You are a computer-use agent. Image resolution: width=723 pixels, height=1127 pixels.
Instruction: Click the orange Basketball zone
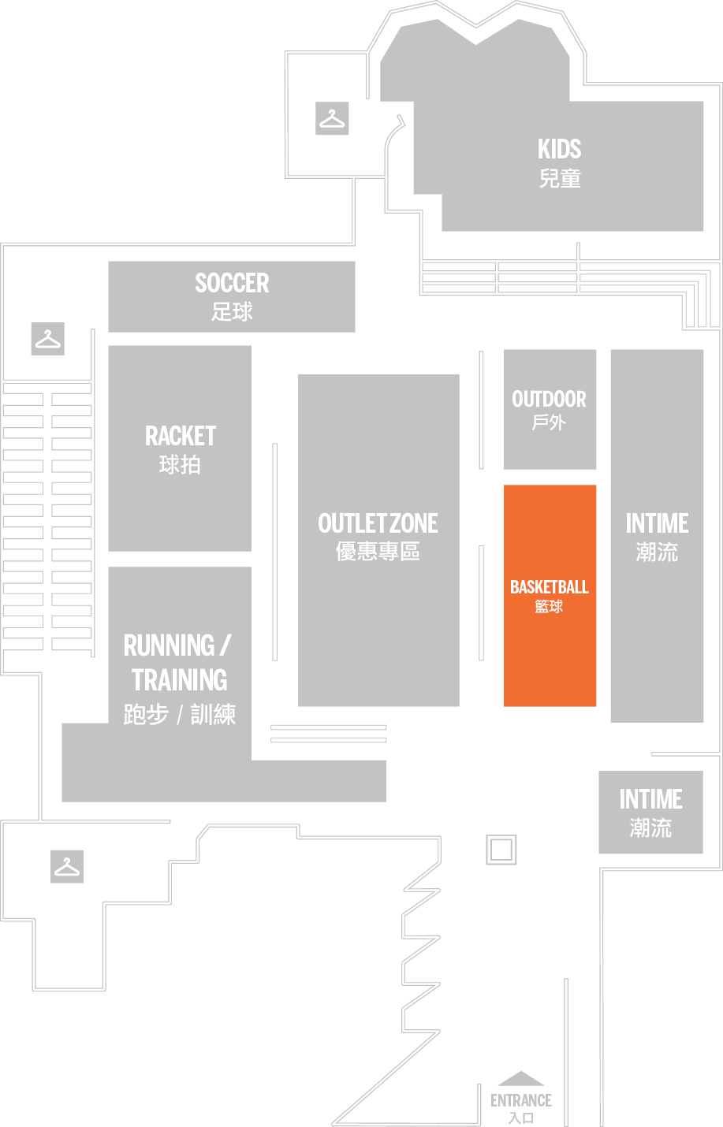tap(550, 595)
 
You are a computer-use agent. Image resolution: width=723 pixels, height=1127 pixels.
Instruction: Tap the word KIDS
tap(559, 149)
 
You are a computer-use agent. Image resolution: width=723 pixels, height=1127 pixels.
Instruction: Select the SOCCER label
tap(232, 283)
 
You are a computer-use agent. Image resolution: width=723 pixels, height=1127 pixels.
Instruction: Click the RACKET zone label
tap(181, 436)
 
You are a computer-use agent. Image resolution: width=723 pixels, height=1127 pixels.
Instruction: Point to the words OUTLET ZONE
tap(378, 523)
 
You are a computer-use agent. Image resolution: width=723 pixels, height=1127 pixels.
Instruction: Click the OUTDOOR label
tap(550, 400)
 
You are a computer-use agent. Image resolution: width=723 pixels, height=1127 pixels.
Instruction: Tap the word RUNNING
tap(170, 645)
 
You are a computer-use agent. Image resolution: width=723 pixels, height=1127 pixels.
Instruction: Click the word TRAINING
tap(180, 679)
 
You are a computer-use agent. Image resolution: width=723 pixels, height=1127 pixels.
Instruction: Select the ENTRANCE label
tap(521, 1100)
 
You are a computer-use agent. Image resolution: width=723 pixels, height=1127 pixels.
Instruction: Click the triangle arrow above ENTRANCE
tap(521, 1079)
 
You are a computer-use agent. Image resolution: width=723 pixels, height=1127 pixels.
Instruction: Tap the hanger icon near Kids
tap(332, 118)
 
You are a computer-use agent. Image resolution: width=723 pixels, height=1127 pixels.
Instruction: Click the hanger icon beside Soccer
tap(48, 339)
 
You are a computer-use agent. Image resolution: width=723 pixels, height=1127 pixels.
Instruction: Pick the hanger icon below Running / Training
tap(67, 866)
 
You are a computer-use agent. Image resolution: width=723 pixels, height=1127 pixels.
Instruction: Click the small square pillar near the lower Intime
tap(501, 850)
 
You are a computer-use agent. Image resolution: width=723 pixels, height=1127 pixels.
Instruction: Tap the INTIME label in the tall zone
tap(657, 523)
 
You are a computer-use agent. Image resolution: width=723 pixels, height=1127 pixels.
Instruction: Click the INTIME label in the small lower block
tap(650, 799)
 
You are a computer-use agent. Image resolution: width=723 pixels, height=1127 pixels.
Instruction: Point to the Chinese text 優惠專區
tap(378, 552)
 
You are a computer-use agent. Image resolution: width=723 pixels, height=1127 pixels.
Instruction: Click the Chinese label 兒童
tap(560, 179)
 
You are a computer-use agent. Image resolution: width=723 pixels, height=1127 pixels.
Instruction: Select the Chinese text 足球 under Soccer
tap(232, 311)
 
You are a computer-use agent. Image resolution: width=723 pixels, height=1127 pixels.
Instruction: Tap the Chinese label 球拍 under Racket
tap(181, 465)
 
